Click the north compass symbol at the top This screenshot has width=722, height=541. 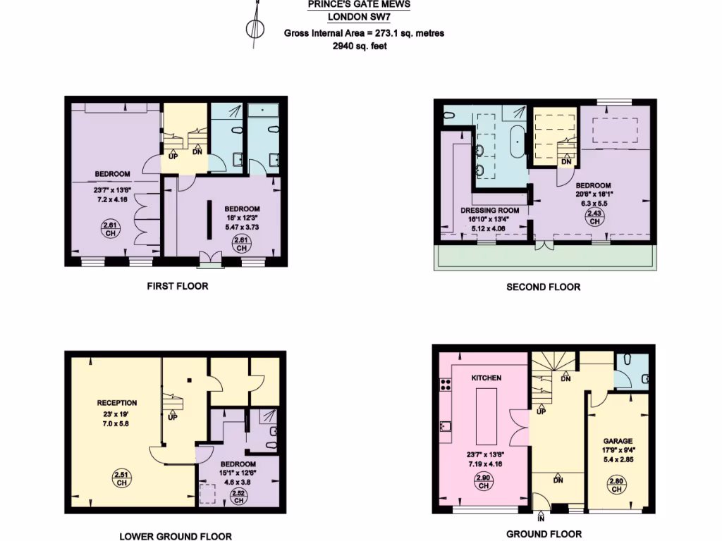[255, 28]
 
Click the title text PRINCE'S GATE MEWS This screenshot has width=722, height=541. [359, 4]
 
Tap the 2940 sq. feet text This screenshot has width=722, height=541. [360, 46]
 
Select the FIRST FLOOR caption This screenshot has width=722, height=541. [178, 286]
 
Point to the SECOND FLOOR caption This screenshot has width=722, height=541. [544, 287]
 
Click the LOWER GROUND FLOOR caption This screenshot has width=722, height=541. [176, 536]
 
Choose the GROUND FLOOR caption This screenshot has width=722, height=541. [544, 534]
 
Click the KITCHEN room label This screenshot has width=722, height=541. [487, 378]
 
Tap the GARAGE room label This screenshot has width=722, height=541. [617, 441]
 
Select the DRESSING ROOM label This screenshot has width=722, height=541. [490, 210]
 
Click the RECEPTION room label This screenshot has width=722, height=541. [117, 403]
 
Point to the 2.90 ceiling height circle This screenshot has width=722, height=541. [484, 482]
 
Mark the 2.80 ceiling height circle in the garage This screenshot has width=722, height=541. [616, 485]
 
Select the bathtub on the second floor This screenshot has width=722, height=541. [518, 143]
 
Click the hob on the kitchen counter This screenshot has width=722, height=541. [446, 385]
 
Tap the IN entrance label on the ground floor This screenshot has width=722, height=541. [541, 518]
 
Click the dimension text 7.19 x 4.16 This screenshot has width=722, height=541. [484, 464]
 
